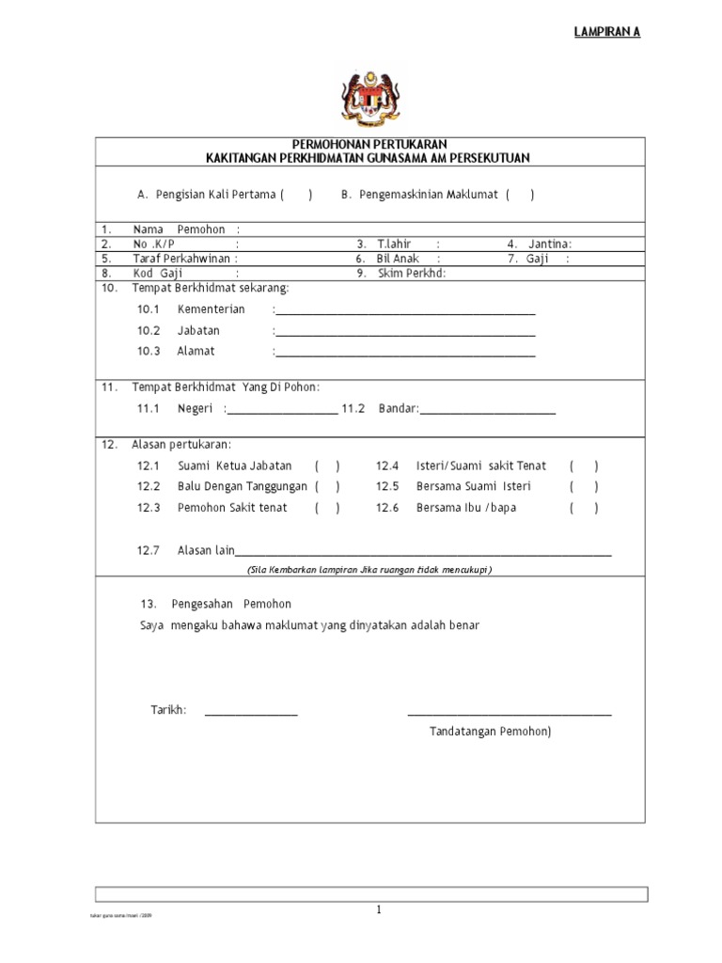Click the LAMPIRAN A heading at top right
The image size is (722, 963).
(x=607, y=32)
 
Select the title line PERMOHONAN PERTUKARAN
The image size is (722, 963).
(x=369, y=144)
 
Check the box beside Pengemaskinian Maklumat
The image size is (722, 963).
(x=520, y=195)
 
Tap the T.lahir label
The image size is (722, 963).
(x=395, y=244)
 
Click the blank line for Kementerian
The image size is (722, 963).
(x=405, y=311)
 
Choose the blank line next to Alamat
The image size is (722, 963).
(x=405, y=354)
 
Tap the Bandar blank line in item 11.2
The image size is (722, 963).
(x=488, y=411)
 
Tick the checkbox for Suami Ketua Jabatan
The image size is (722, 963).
(x=327, y=466)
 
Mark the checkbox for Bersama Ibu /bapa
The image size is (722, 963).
(x=583, y=508)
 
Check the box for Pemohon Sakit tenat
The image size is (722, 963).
(x=327, y=508)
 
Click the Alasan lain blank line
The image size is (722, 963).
(x=423, y=553)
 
